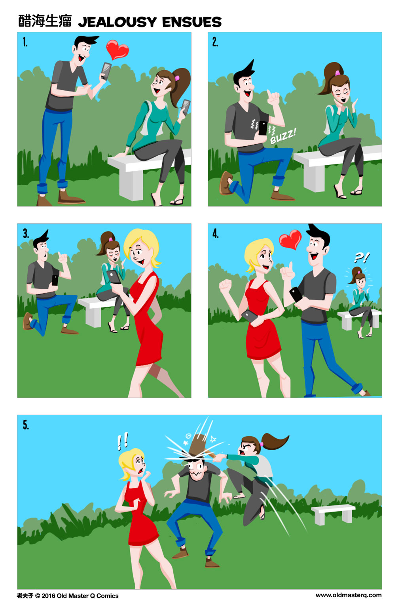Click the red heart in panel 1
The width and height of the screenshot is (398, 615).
(118, 49)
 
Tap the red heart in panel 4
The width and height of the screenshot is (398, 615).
(290, 240)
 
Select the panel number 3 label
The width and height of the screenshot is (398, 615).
(26, 233)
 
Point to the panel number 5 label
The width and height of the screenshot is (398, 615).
(26, 425)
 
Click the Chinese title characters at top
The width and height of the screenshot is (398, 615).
(45, 21)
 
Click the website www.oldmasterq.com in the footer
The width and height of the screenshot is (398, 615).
(349, 595)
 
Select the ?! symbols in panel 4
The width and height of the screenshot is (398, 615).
(361, 258)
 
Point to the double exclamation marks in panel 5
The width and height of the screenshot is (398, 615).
(123, 441)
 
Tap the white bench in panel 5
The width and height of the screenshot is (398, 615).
(333, 513)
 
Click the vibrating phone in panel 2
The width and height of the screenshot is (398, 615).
(263, 128)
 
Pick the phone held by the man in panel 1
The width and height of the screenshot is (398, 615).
(106, 71)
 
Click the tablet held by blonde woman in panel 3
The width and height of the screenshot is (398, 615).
(114, 277)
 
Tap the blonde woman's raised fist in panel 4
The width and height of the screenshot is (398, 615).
(226, 285)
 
